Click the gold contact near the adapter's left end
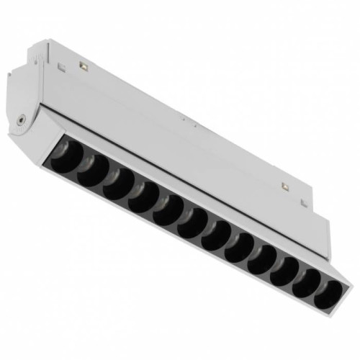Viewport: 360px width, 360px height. tap(85, 66)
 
